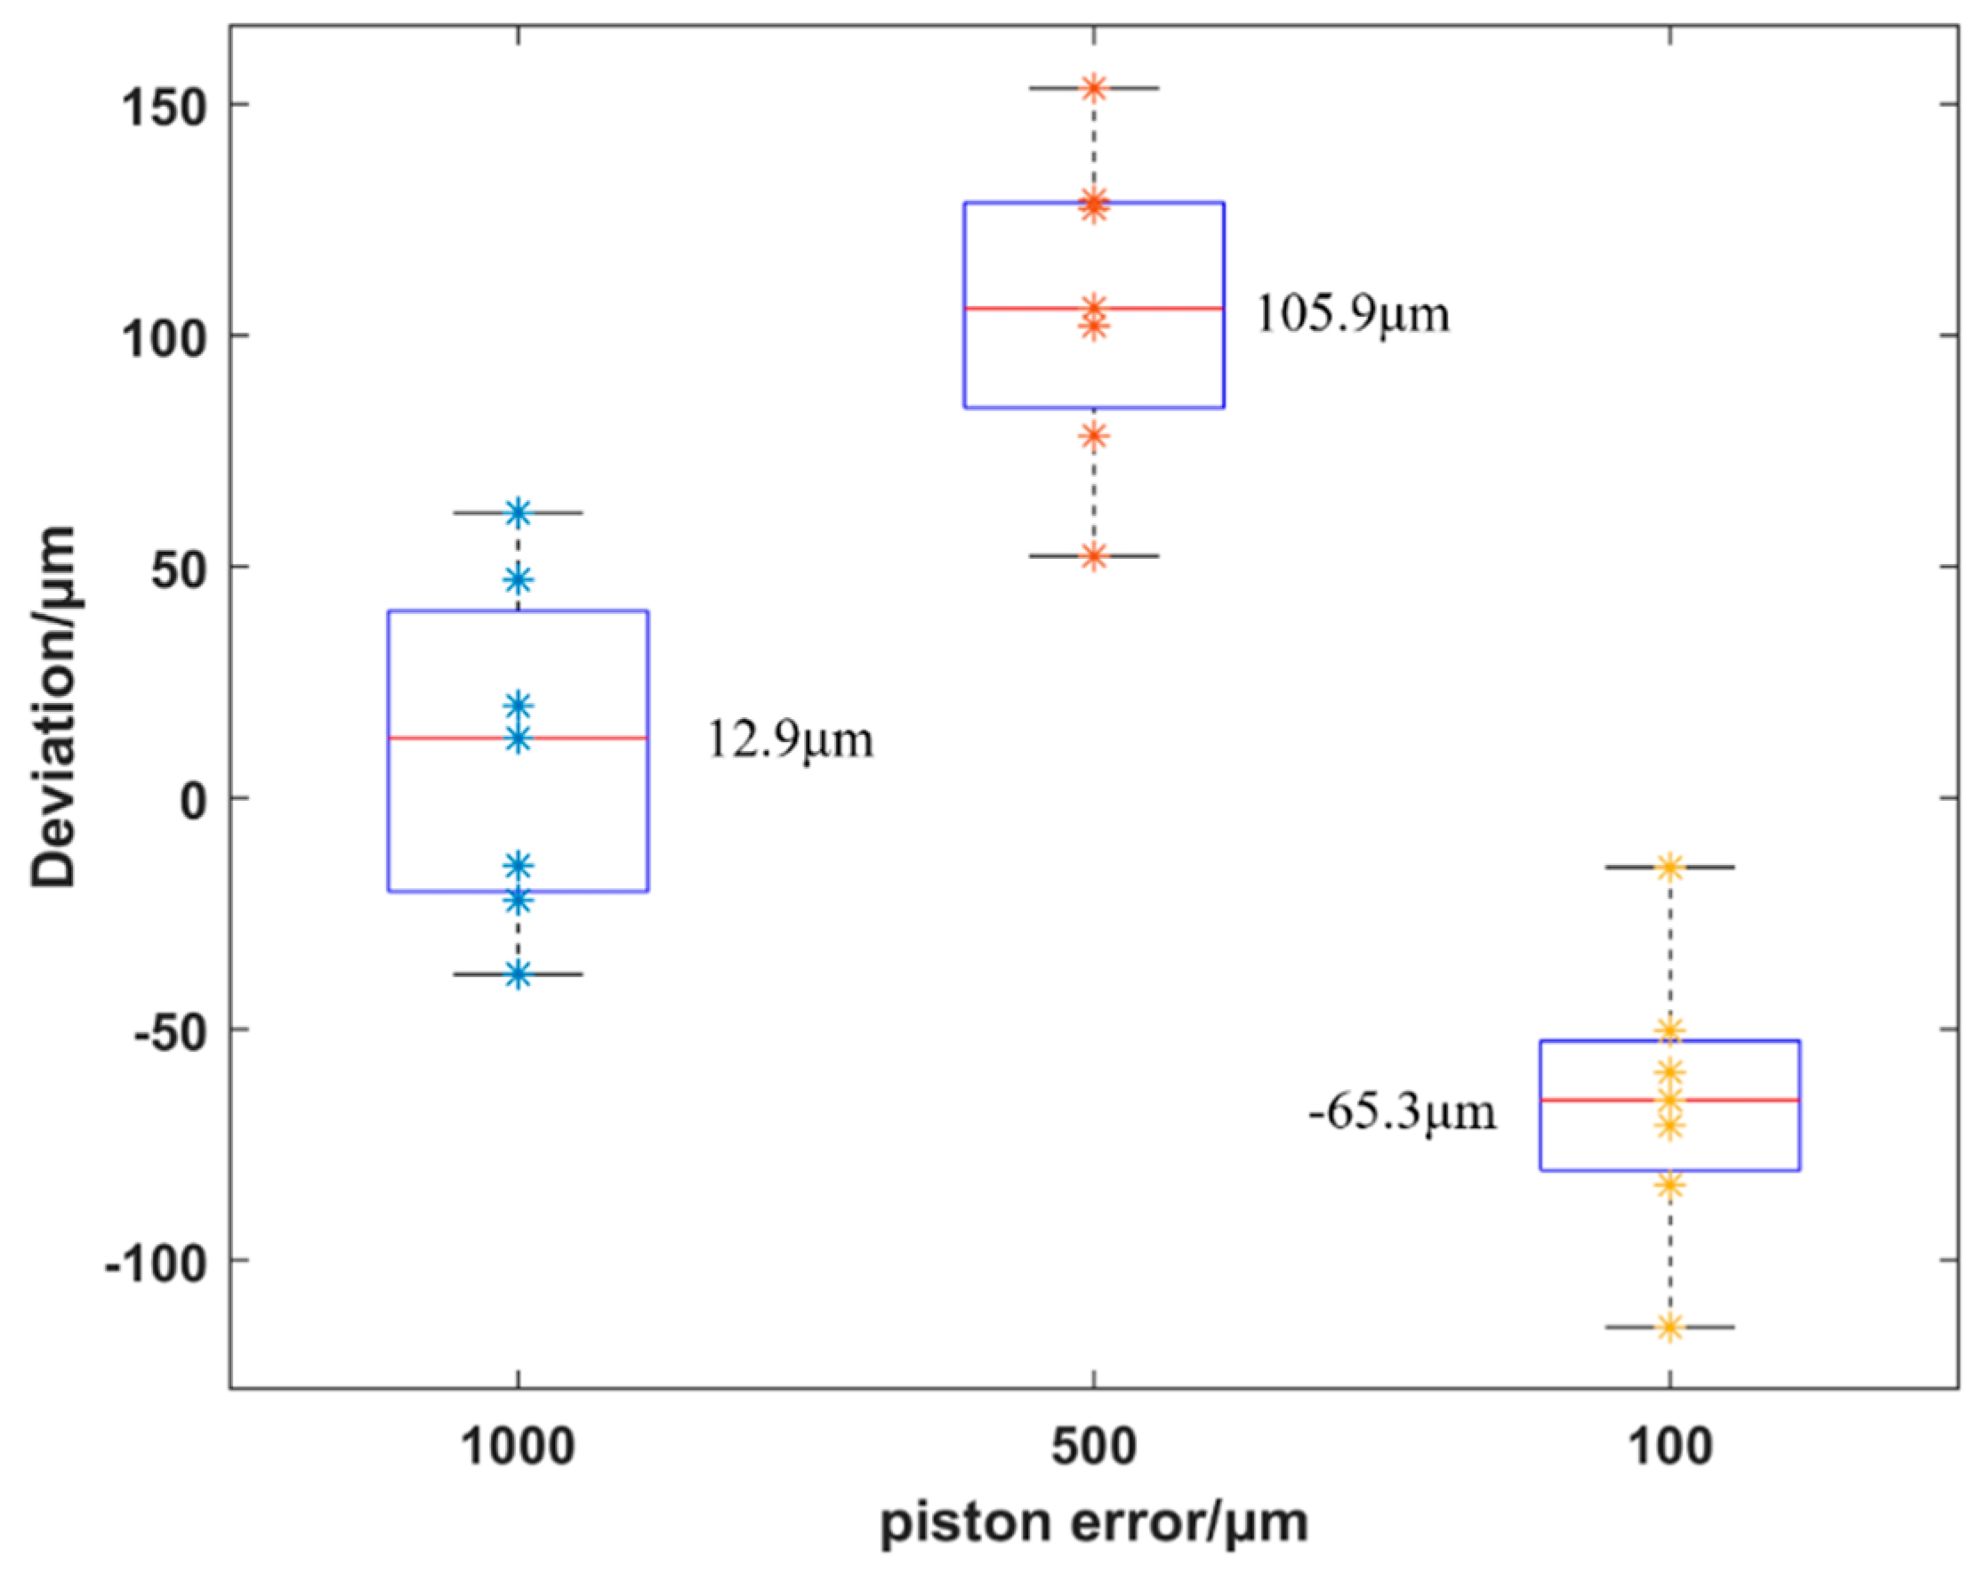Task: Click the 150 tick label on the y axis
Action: tap(162, 108)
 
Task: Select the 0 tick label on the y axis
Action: tap(194, 801)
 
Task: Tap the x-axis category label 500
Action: tap(1093, 1447)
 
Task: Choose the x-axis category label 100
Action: tap(1670, 1447)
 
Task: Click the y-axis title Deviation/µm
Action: tap(53, 707)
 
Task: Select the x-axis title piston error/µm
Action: tap(1093, 1524)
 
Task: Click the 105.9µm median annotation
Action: tap(1351, 314)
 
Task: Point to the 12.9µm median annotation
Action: tap(790, 740)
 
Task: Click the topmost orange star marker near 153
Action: tap(1093, 88)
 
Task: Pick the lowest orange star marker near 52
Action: tap(1093, 556)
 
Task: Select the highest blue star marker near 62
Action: tap(518, 513)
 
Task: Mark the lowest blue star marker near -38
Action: tap(518, 974)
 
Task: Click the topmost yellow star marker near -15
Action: tap(1670, 867)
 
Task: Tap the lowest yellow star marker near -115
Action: tap(1670, 1328)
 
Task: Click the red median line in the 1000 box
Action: tap(590, 738)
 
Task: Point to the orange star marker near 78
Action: tap(1093, 436)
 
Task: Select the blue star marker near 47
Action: tap(518, 579)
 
